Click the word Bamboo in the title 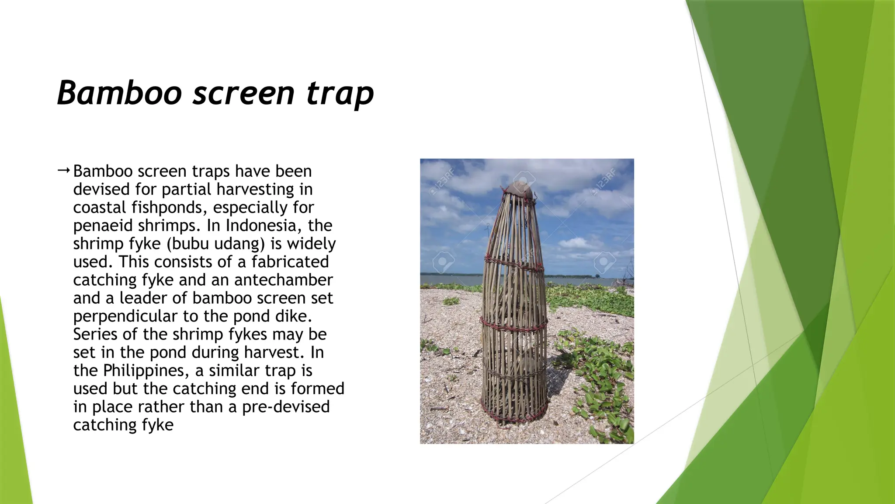119,93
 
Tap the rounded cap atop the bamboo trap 519,189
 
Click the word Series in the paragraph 95,334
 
